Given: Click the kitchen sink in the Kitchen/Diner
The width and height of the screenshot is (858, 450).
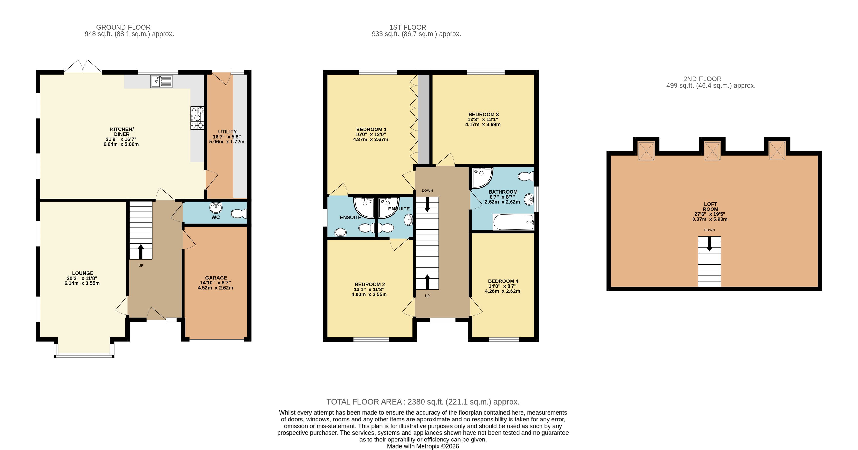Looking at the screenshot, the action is pos(161,81).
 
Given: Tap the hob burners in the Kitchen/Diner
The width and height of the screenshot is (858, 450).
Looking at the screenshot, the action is pos(197,118).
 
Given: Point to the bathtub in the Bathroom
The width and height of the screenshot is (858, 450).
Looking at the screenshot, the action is pos(513,222).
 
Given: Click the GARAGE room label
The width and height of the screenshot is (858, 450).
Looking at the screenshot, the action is pos(216,278).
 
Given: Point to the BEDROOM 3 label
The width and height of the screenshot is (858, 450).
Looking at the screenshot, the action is pos(483,114).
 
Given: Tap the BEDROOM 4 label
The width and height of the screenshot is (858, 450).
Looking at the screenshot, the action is pos(503,281).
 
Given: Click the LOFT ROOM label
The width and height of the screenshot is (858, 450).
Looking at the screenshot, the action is pos(710,207).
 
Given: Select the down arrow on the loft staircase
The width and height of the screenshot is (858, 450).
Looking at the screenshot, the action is pos(709,244).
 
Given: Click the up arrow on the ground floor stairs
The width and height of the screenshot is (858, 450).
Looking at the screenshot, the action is pos(141,252).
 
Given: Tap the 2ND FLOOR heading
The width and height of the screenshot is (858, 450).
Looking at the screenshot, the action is pos(703,79).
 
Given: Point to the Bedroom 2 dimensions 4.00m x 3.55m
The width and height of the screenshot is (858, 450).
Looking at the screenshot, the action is pos(369,295).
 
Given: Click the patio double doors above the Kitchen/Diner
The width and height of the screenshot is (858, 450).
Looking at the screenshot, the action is pos(83,66).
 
